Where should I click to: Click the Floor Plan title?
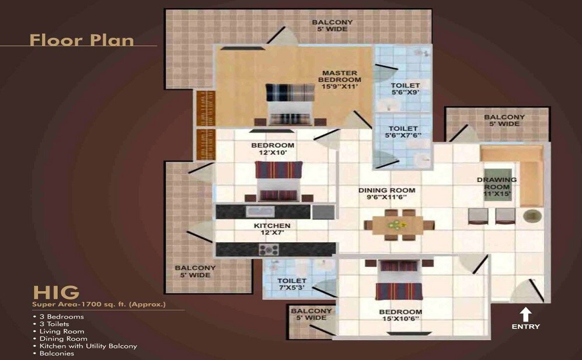(82, 40)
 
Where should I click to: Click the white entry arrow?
(525, 314)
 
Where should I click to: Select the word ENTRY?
(525, 327)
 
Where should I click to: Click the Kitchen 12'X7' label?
(272, 229)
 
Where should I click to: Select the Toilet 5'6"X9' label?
(405, 89)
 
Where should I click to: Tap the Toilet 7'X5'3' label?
(291, 285)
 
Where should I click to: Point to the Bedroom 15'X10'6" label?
(400, 316)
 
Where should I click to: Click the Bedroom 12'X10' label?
(273, 149)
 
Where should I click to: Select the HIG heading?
(56, 292)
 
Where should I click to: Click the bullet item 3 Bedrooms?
(61, 317)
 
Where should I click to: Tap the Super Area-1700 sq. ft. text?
(99, 305)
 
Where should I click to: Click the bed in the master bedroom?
(290, 103)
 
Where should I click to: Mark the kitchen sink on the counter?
(257, 211)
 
